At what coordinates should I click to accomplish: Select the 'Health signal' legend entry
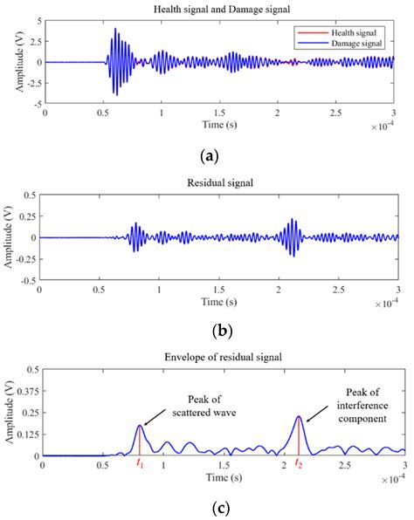(x=354, y=31)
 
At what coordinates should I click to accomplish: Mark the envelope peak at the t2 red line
(x=299, y=416)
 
